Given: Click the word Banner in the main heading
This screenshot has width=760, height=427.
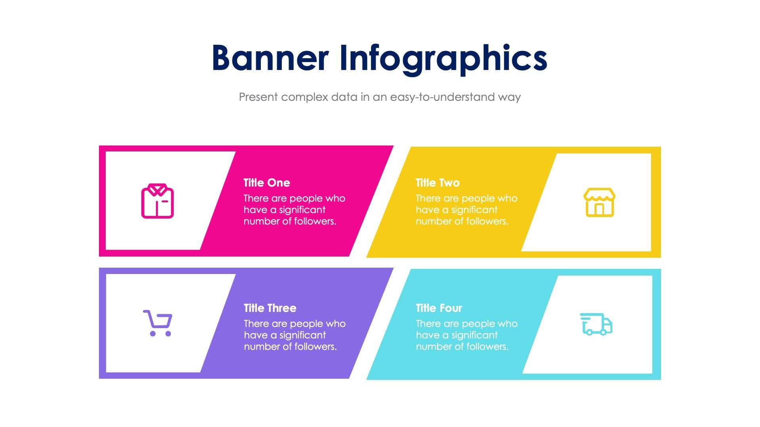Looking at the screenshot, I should coord(270,58).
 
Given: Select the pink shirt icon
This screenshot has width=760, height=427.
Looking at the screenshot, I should coord(158,201).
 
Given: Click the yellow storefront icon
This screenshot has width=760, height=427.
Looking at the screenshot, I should coord(599,202).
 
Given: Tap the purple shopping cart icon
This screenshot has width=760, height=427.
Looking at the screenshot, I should coord(158,323).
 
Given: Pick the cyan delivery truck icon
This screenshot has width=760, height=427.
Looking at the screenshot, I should coord(596,324).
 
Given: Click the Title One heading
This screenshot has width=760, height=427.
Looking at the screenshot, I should coord(266,183).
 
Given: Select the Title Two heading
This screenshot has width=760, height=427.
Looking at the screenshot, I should coord(437,183).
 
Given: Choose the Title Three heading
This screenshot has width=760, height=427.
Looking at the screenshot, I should coord(270,308).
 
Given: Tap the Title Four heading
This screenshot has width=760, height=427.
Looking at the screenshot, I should coord(439,308).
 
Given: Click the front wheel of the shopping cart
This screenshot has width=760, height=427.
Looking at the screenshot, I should coord(168,334).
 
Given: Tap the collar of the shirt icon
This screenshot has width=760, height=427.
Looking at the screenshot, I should coord(158,189).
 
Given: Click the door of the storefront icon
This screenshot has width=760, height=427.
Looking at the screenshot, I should coord(599,209).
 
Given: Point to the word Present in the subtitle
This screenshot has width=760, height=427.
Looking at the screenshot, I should coord(258,97).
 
